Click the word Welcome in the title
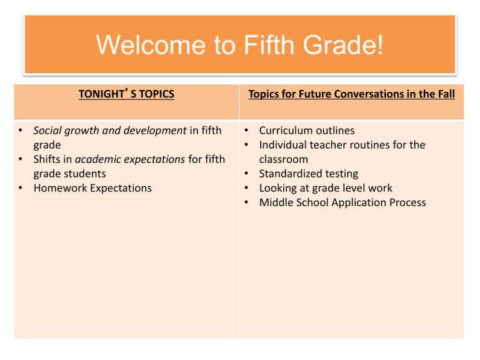[x=151, y=45]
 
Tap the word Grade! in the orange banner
[x=343, y=45]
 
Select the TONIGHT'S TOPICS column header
[x=126, y=94]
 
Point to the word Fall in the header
[x=447, y=94]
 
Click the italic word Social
[x=47, y=131]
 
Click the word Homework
[x=60, y=188]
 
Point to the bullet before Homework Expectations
[x=21, y=188]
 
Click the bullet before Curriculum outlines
[x=246, y=131]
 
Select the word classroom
[x=284, y=159]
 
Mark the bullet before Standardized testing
[x=246, y=174]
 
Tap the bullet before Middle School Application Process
[x=246, y=202]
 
